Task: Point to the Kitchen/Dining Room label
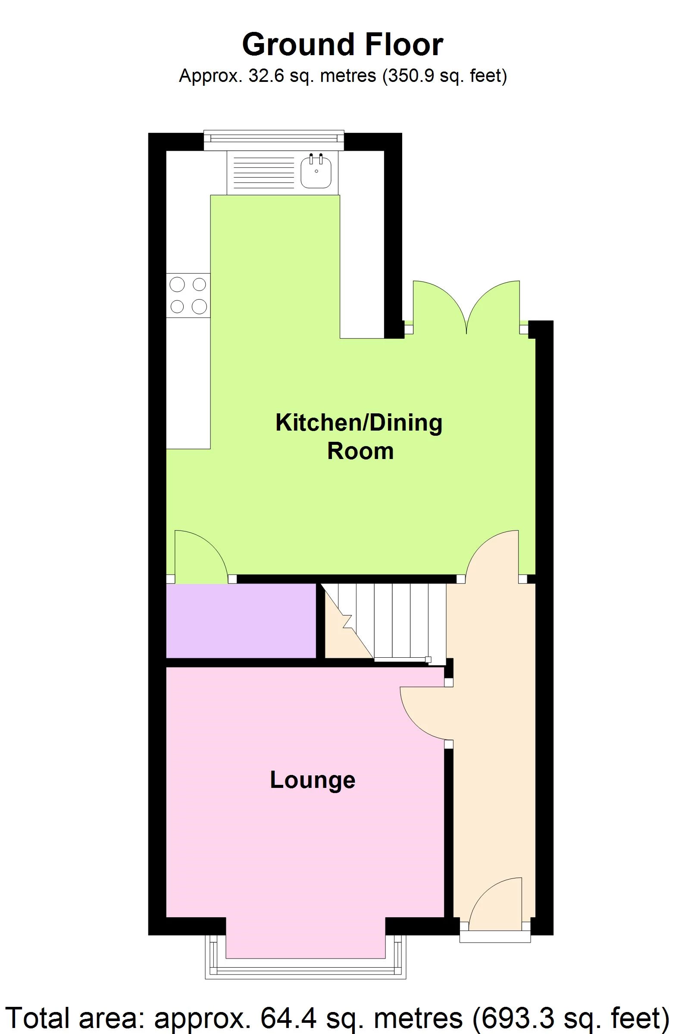coord(359,437)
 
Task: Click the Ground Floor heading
coord(342,45)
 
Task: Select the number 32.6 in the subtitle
coord(263,76)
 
